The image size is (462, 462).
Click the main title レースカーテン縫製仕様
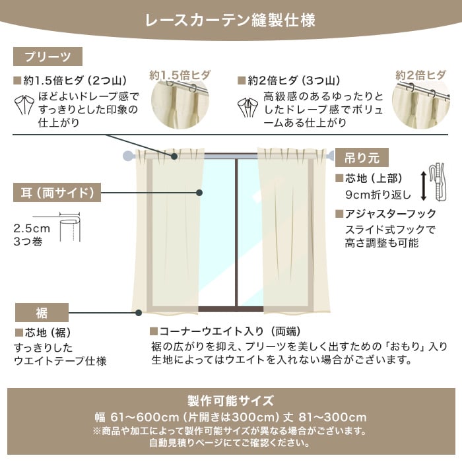(230, 20)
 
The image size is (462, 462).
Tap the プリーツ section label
(48, 57)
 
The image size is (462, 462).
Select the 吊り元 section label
(362, 158)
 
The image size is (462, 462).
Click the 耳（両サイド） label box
(57, 193)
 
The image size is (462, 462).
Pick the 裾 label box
(42, 312)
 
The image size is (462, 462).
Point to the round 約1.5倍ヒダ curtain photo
(180, 104)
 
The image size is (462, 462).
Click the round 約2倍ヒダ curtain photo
(421, 104)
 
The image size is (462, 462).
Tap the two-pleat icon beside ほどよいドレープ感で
(24, 105)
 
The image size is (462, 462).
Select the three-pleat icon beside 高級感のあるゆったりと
(247, 108)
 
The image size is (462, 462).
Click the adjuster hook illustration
(437, 183)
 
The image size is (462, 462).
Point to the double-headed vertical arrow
(424, 186)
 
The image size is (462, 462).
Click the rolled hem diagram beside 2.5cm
(69, 227)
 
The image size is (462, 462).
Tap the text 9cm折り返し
(378, 195)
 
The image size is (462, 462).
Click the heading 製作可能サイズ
(231, 401)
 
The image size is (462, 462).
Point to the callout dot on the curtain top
(174, 156)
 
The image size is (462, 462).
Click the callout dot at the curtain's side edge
(199, 193)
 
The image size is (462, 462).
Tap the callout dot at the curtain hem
(139, 313)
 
